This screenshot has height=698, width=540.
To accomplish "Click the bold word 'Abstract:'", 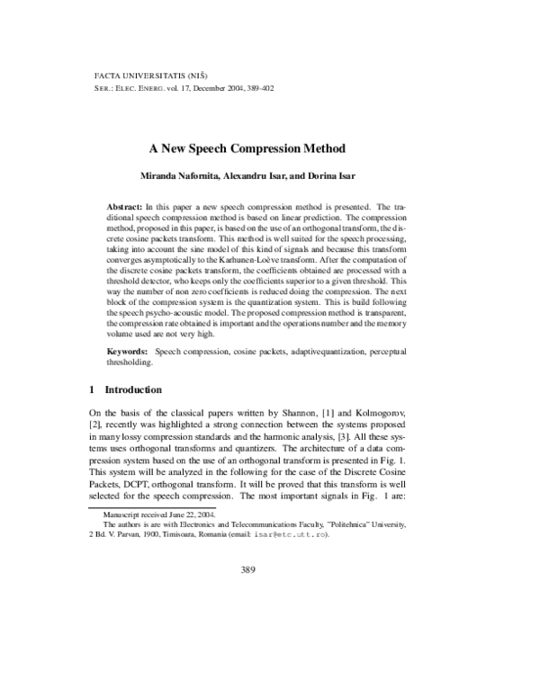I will (125, 207).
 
